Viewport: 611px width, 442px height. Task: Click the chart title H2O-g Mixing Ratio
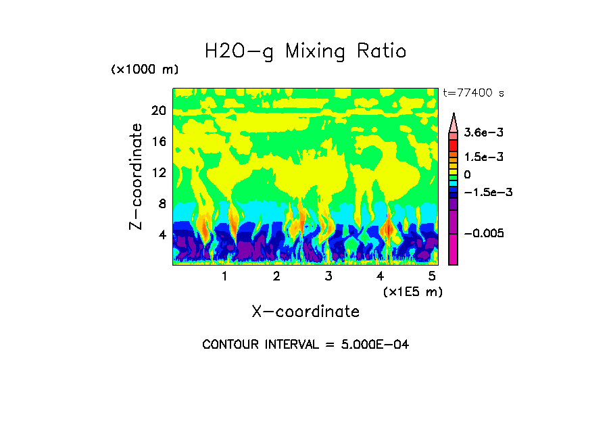coord(305,51)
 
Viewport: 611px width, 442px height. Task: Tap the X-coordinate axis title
coord(305,312)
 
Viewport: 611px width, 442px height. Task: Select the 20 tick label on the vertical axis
coord(158,111)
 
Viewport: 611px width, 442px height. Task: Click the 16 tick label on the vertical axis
coord(158,142)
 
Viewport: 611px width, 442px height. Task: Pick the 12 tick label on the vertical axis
coord(158,172)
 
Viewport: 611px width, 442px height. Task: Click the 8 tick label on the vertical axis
coord(162,203)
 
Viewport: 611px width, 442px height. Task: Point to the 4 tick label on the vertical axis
coord(162,235)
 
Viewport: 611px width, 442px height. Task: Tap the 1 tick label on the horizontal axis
coord(224,276)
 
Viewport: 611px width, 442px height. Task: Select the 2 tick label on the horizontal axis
coord(276,276)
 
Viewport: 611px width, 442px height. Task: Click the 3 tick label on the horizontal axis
coord(328,276)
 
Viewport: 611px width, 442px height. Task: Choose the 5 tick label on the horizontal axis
coord(432,276)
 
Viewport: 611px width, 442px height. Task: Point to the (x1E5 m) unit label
coord(412,291)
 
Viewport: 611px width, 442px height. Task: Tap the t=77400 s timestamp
coord(473,93)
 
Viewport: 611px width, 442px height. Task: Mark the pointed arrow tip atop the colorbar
coord(454,116)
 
